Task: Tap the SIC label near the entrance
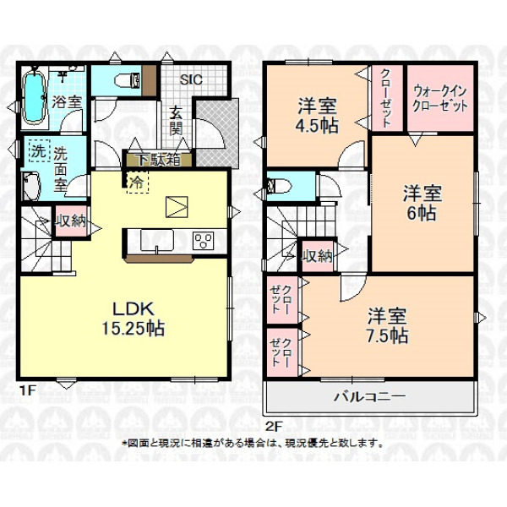tap(191, 79)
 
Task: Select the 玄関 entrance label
tap(177, 121)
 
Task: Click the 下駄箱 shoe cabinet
tap(159, 160)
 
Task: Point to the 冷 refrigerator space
tap(137, 183)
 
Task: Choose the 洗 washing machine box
tap(39, 151)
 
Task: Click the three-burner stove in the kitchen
tap(204, 241)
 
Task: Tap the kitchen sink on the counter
tap(157, 240)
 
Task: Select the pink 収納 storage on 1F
tap(71, 221)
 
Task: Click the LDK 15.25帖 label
tap(134, 319)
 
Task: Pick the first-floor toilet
tap(128, 80)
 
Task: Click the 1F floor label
tap(27, 391)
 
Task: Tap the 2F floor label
tap(274, 427)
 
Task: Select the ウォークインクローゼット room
tap(440, 98)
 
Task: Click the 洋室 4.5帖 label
tap(317, 115)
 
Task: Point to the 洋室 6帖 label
tap(422, 203)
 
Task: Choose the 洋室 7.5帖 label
tap(387, 325)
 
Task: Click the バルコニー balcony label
tap(369, 396)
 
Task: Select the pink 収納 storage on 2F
tap(318, 256)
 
